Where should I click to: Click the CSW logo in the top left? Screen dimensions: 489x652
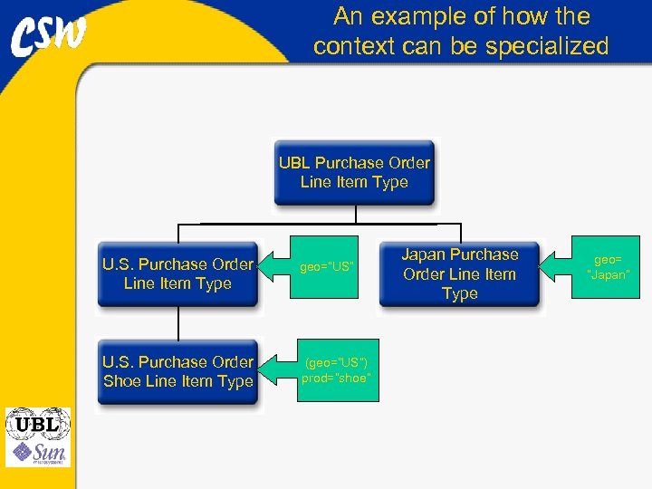pos(50,36)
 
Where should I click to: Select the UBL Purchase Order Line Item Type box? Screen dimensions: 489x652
pos(354,172)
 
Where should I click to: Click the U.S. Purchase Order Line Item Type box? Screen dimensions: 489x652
pos(177,273)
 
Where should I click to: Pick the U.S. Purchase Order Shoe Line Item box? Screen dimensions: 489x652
pos(177,371)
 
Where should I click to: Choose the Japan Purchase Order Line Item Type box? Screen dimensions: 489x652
pos(459,273)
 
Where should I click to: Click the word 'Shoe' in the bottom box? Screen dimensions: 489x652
pos(122,381)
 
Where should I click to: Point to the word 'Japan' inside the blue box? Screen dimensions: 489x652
pos(425,254)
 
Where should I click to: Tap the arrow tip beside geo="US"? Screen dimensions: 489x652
pos(264,266)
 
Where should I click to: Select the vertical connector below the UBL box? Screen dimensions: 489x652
pos(356,213)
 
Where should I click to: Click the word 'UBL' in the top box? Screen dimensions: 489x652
pos(294,163)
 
